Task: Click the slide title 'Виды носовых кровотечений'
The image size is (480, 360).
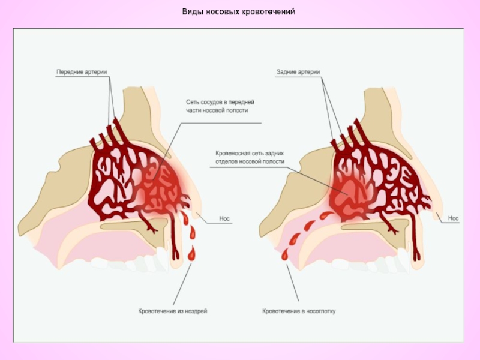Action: coord(239,12)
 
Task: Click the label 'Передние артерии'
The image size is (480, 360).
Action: coord(82,72)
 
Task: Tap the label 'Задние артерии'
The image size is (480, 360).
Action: coord(298,72)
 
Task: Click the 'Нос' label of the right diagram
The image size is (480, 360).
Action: coord(454,219)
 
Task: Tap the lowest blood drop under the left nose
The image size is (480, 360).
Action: coord(192,256)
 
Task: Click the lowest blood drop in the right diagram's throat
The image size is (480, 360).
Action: coord(285,255)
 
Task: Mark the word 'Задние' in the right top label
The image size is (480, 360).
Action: coord(287,72)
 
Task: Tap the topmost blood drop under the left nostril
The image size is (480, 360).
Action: coord(185,214)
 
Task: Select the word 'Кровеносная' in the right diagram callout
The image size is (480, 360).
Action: coord(232,154)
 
